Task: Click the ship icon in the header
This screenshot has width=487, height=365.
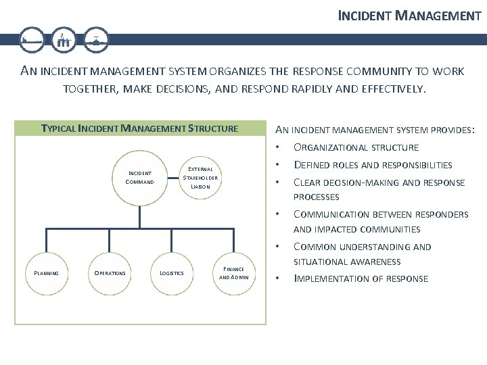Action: (32, 41)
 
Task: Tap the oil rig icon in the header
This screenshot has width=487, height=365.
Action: (64, 41)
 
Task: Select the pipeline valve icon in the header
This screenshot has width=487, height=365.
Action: (96, 41)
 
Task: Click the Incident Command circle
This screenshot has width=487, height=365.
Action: (139, 178)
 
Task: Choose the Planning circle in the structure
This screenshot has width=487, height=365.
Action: (46, 273)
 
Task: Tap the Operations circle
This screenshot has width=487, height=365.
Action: (109, 273)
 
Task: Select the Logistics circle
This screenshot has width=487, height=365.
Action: (171, 273)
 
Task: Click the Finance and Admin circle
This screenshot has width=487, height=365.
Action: (234, 273)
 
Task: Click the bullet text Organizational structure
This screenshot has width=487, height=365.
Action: (355, 147)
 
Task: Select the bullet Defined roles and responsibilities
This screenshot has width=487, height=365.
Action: (372, 165)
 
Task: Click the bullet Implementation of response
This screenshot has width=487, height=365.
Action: (360, 278)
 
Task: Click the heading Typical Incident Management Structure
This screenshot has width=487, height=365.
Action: (140, 128)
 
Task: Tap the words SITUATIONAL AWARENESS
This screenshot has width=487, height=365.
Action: (346, 262)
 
